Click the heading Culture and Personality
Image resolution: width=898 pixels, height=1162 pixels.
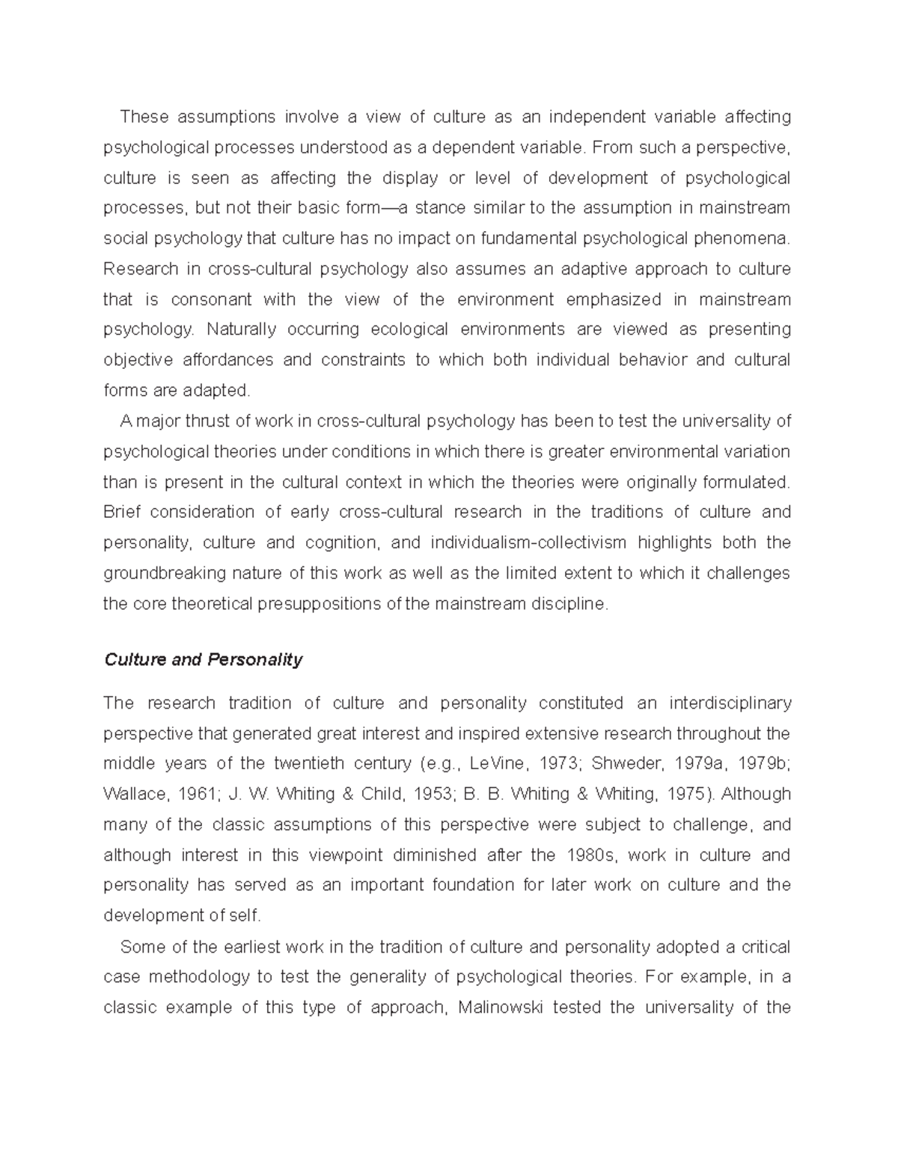[x=203, y=659]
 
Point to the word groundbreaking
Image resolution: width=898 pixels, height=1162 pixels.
[x=154, y=573]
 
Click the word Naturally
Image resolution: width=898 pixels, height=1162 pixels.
[x=241, y=329]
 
